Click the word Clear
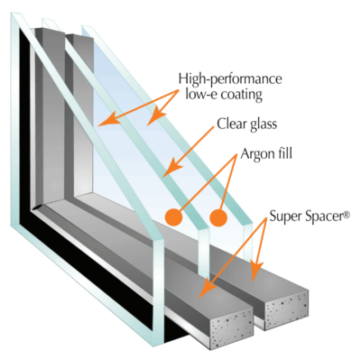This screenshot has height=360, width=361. [232, 126]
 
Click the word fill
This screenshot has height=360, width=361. [292, 155]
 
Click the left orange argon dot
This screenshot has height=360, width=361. [174, 217]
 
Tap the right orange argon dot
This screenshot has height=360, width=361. [217, 217]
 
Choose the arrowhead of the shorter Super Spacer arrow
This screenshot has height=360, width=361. [258, 272]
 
